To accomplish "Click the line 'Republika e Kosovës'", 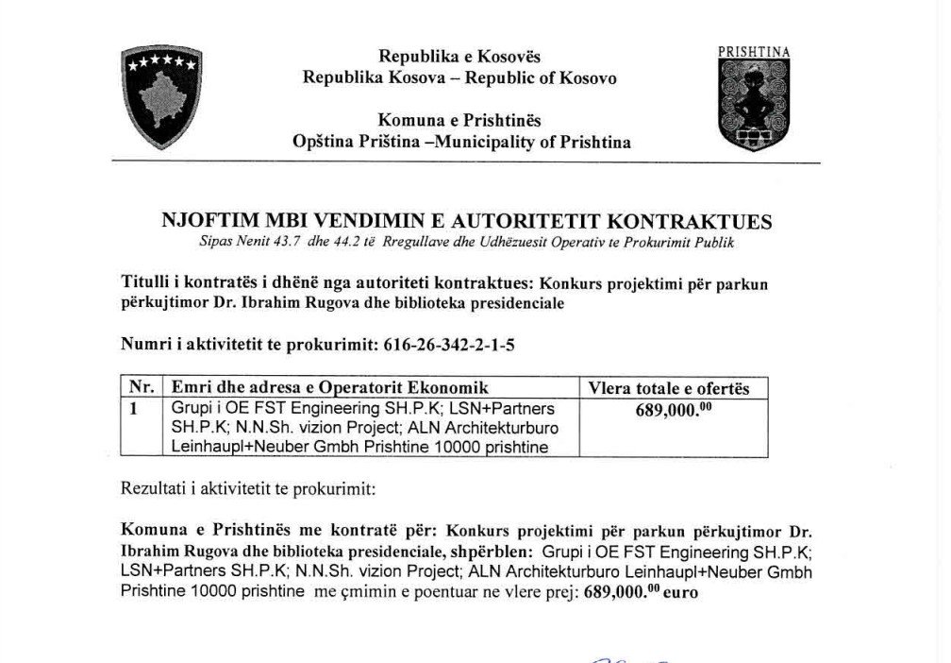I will point(459,57).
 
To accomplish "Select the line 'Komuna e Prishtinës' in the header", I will point(459,121).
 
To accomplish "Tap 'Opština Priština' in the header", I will point(355,143).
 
